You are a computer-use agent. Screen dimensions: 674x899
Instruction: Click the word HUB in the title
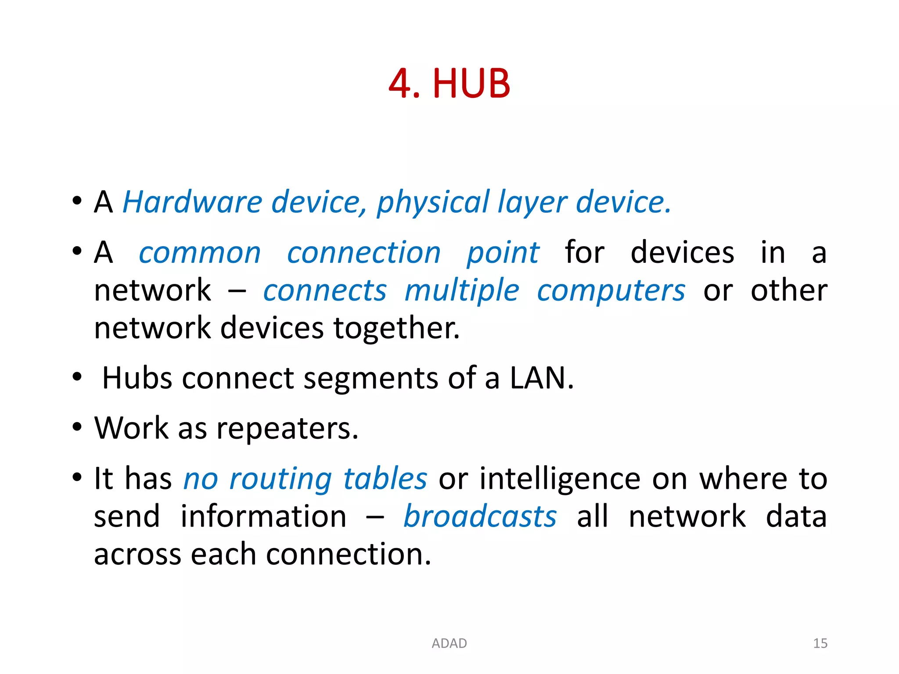coord(471,83)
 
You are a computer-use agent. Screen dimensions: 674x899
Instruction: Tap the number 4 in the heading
coord(400,83)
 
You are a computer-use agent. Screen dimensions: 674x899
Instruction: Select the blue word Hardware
coord(192,202)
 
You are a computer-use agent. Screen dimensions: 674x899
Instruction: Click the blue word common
coord(200,253)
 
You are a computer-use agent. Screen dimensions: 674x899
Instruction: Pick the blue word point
coord(503,253)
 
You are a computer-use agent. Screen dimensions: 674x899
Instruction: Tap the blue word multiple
coord(462,291)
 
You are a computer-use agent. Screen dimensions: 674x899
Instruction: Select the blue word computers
coord(611,291)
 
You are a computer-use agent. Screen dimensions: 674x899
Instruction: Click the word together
coord(397,329)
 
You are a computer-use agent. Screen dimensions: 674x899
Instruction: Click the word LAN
coord(541,378)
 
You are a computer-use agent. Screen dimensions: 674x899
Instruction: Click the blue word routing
coord(280,479)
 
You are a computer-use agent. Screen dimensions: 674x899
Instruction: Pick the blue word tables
coord(385,478)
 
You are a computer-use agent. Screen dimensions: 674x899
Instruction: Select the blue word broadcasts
coord(480,516)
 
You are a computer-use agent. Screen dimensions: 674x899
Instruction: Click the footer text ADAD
coord(449,643)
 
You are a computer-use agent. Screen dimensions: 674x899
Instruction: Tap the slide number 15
coord(820,643)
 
